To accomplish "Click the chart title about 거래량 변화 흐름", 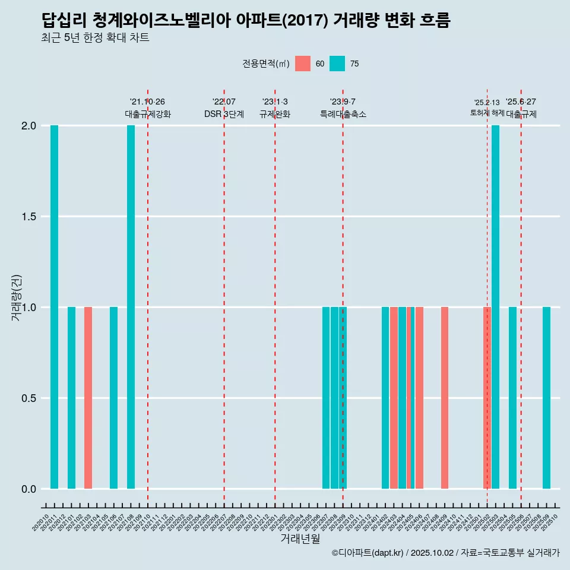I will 246,20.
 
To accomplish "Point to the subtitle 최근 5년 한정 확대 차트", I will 95,38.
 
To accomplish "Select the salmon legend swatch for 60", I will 302,64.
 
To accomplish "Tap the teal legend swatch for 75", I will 337,64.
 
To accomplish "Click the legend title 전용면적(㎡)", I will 265,64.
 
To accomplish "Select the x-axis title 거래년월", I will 300,539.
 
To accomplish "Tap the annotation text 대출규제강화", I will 148,115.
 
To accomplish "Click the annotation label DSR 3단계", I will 224,115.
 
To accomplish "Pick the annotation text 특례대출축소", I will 343,115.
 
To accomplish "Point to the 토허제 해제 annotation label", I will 487,112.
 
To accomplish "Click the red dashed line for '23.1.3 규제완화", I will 275,297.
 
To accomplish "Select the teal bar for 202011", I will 54,307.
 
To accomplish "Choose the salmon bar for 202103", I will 88,398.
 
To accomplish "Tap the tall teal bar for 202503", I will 495,307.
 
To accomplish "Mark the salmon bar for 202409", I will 445,398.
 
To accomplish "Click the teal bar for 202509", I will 546,398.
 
